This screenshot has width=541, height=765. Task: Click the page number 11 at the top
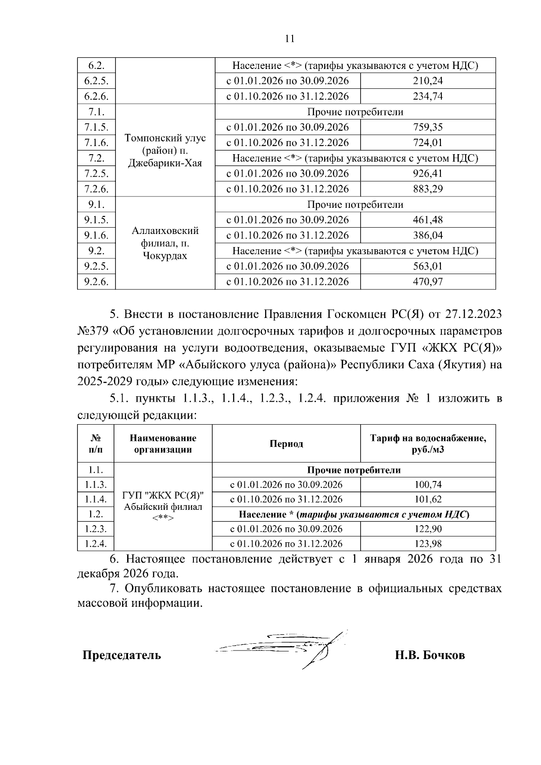tap(290, 39)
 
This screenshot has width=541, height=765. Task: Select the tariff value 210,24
tap(427, 81)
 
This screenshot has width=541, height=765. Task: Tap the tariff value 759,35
tap(427, 127)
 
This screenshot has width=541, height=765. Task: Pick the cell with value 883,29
tap(427, 189)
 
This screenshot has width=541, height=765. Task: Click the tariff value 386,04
tap(427, 235)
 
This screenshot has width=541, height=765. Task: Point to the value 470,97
tap(427, 282)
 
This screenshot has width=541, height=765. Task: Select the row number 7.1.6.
tap(96, 143)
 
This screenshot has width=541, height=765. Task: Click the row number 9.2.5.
tap(96, 266)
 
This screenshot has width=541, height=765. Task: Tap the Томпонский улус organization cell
tap(165, 150)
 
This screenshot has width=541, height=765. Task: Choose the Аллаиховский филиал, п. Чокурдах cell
tap(165, 243)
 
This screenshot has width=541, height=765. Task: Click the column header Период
tap(286, 444)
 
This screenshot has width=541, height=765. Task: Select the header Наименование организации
tap(163, 444)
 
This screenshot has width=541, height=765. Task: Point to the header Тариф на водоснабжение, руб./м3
tap(428, 444)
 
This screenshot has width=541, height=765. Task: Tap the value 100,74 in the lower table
tap(428, 485)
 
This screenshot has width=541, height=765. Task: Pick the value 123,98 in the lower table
tap(428, 544)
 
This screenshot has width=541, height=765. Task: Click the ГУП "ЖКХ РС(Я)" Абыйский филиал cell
tap(163, 507)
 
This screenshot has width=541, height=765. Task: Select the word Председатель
tap(121, 655)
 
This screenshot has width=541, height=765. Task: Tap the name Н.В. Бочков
tap(430, 655)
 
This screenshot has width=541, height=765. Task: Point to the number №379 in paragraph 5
tap(93, 331)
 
